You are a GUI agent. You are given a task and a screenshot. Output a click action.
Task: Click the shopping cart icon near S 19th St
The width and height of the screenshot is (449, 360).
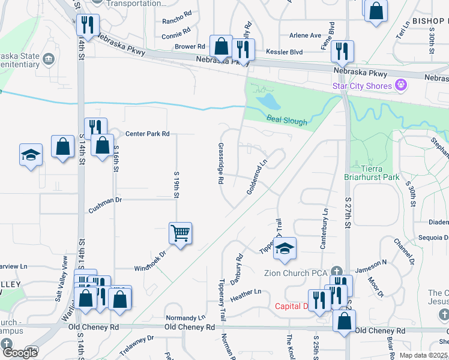(x=181, y=232)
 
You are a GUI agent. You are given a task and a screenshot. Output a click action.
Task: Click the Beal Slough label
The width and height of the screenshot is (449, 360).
(x=287, y=122)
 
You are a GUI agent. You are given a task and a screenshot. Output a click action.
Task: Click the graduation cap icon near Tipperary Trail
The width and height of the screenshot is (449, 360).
(x=285, y=248)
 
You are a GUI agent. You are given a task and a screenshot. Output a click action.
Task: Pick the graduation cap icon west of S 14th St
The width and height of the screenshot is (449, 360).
(x=31, y=154)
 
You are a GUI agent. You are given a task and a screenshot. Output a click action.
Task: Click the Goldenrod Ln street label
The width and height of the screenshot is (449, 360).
(x=256, y=176)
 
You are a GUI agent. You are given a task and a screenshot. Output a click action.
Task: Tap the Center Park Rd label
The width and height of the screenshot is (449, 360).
(x=147, y=133)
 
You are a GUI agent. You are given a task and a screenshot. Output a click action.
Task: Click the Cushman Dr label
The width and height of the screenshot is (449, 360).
(x=105, y=200)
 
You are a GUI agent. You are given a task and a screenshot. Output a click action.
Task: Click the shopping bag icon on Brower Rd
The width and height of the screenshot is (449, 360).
(x=221, y=46)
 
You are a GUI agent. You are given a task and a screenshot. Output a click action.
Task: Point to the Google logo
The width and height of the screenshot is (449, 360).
(x=20, y=353)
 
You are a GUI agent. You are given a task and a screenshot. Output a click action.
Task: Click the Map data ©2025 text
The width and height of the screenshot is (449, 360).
(x=423, y=355)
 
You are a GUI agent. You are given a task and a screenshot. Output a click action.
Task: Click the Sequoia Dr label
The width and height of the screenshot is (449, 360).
(x=434, y=237)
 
